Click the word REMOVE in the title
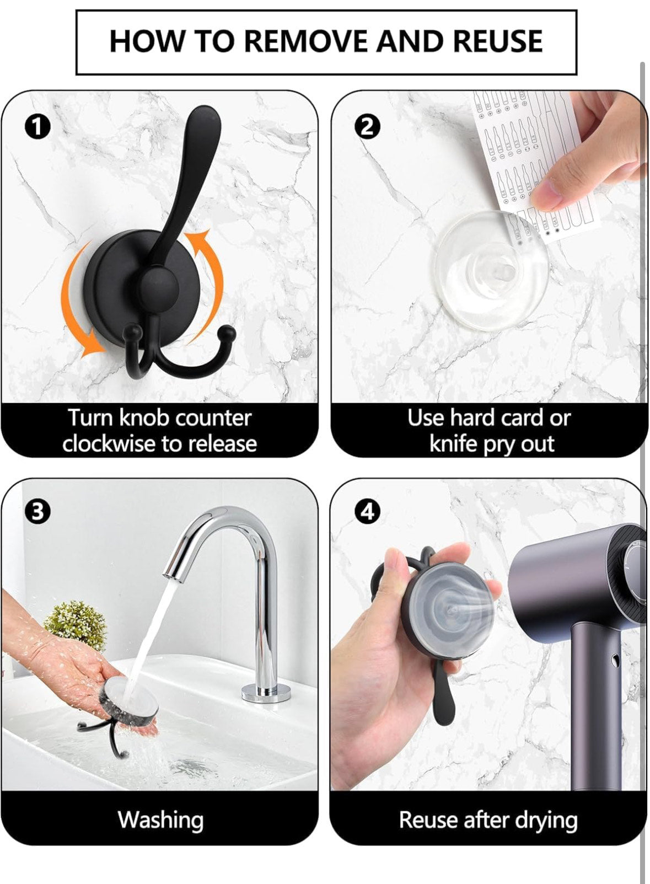click(x=305, y=41)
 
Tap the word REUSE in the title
click(x=498, y=41)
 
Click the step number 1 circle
click(x=37, y=128)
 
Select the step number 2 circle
click(x=367, y=128)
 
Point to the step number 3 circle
click(x=37, y=513)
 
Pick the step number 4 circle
click(x=367, y=513)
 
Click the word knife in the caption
click(x=453, y=443)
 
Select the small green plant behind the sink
click(x=76, y=626)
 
